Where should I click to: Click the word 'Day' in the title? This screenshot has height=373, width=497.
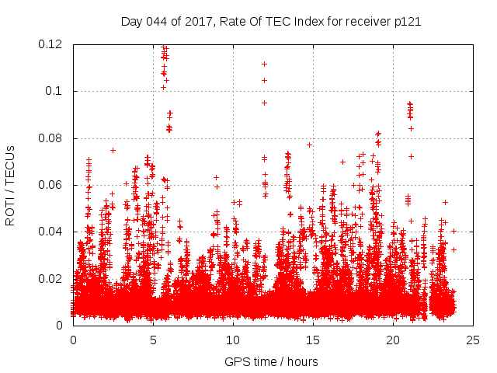(x=131, y=22)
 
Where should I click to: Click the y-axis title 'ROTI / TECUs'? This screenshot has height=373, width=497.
(x=10, y=186)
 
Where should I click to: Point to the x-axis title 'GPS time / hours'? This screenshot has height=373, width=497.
(x=271, y=361)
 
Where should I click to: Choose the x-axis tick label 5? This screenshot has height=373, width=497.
(x=153, y=340)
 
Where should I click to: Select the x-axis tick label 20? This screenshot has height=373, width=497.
(x=393, y=340)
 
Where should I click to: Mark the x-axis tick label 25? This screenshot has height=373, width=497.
(x=473, y=340)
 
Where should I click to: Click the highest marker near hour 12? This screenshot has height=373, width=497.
(x=264, y=64)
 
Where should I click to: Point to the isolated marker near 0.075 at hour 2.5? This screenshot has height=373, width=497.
(x=113, y=150)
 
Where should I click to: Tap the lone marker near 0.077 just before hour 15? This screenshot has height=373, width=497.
(x=309, y=145)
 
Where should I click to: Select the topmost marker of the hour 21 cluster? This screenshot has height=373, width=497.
(x=409, y=103)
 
